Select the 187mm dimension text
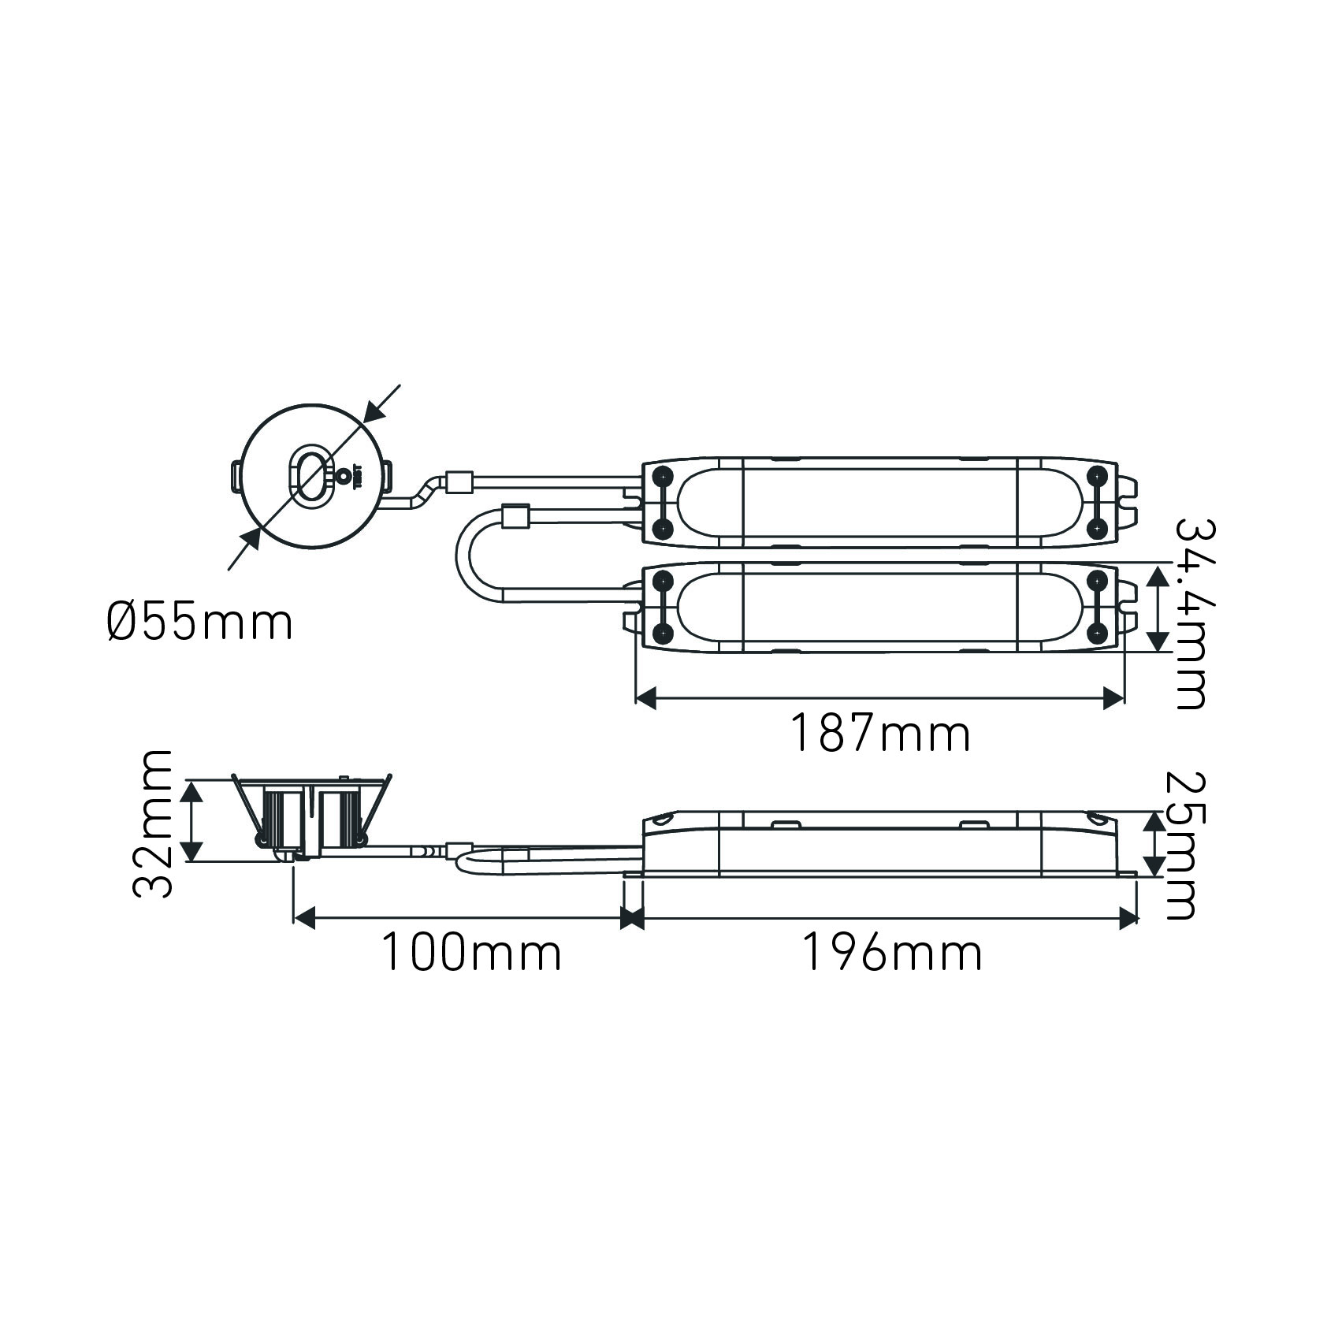click(x=879, y=733)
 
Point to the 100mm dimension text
click(x=471, y=952)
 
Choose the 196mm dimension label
click(x=892, y=952)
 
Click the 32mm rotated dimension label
click(x=152, y=823)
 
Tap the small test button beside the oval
click(x=344, y=475)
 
